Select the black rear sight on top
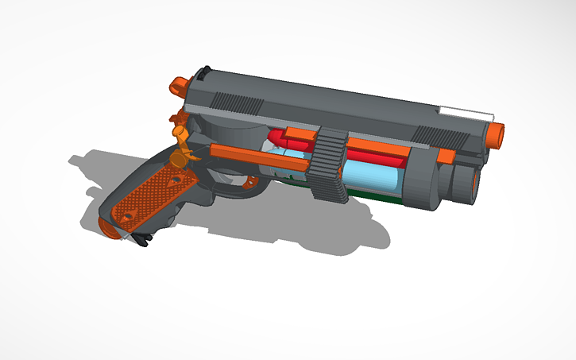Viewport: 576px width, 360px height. point(204,71)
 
